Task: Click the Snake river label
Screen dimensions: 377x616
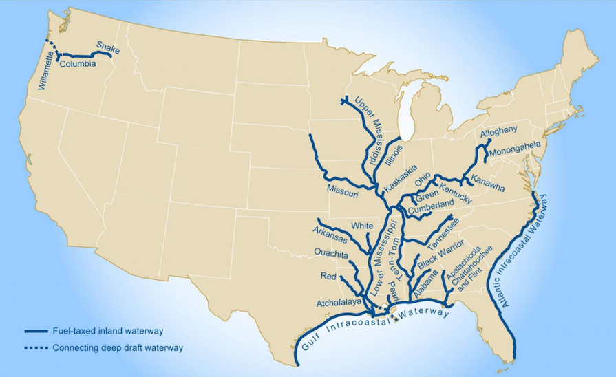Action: tap(108, 48)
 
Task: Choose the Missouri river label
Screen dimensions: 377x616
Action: tap(342, 191)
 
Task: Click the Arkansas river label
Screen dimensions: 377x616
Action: tap(329, 235)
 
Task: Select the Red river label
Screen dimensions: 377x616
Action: tap(328, 276)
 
